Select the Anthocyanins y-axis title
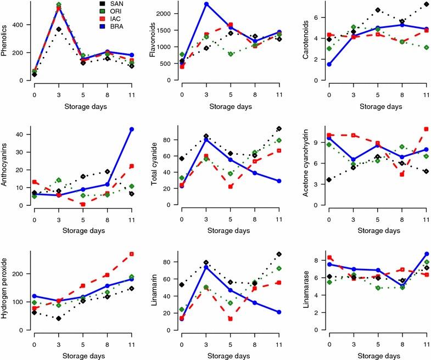point(6,166)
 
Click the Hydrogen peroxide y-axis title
point(6,291)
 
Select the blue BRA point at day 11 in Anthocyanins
point(132,129)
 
